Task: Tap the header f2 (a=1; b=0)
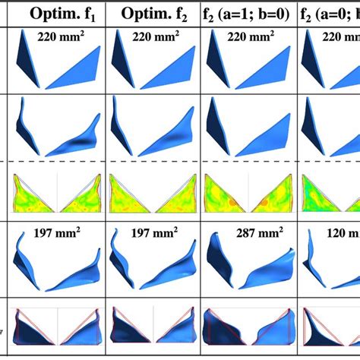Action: [x=251, y=13]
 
